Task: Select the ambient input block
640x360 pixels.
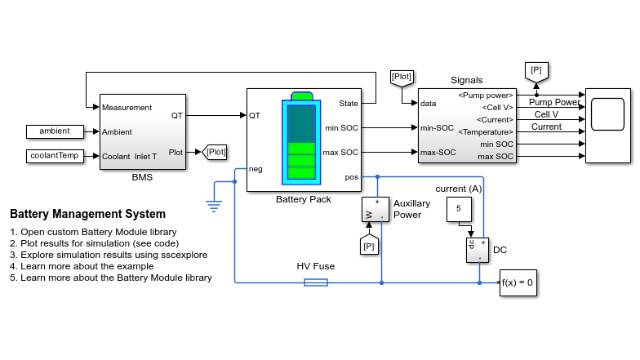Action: tap(54, 131)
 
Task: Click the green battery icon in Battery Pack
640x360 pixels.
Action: tap(300, 138)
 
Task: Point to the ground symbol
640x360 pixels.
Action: tap(212, 206)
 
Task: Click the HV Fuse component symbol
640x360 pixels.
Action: tap(315, 283)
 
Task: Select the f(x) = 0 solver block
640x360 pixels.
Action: tap(518, 283)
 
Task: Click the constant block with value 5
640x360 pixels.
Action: tap(458, 209)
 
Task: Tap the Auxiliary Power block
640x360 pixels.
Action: tap(371, 210)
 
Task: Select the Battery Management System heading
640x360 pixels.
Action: tap(87, 215)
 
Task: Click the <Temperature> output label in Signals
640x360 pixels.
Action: tap(486, 132)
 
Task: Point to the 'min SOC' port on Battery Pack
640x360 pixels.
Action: tap(341, 128)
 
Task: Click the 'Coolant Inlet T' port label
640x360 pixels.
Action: tap(132, 155)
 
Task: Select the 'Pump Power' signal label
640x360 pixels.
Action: tap(554, 102)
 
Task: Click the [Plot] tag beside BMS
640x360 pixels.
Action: tap(215, 152)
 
